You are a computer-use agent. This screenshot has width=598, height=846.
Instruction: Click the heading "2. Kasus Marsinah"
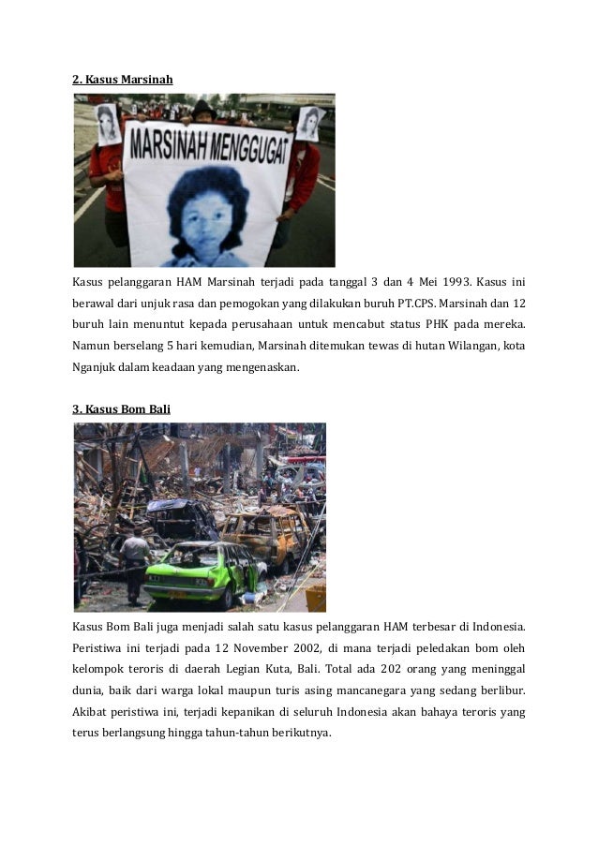pyautogui.click(x=123, y=79)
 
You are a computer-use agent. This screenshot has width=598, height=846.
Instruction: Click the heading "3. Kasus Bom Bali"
pyautogui.click(x=122, y=409)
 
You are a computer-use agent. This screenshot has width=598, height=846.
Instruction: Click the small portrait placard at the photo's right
pyautogui.click(x=309, y=123)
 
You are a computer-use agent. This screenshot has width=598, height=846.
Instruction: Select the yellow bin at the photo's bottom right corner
pyautogui.click(x=316, y=598)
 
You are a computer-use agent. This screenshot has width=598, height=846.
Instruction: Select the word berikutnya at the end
pyautogui.click(x=300, y=733)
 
